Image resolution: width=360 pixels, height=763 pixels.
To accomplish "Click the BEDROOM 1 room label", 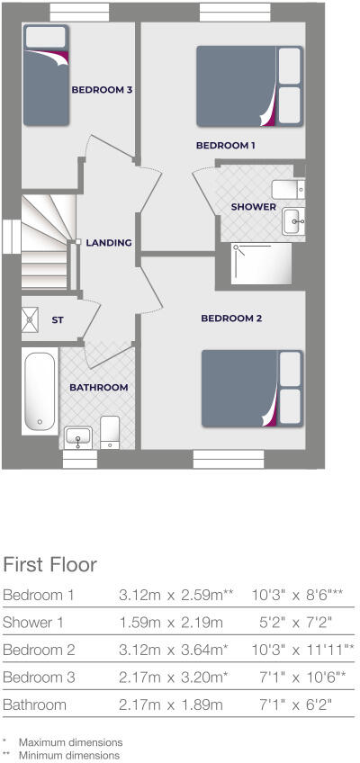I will click(x=226, y=145).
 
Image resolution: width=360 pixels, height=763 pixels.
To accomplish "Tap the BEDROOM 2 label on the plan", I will click(x=231, y=319).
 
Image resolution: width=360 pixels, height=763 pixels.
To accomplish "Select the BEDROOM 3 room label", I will click(x=103, y=90).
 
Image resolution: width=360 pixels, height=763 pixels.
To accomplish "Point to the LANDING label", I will click(x=109, y=242).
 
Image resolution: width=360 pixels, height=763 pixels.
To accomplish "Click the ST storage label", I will click(x=58, y=319).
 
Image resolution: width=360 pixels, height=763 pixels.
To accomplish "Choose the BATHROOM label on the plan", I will click(x=98, y=387).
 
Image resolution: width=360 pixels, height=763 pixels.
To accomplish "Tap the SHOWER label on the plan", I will click(x=254, y=207).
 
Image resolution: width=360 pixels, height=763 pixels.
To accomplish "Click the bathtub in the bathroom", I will click(x=40, y=392).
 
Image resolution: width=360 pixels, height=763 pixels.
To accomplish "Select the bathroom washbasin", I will click(x=79, y=436).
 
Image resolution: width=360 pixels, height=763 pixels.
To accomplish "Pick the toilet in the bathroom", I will click(x=110, y=432).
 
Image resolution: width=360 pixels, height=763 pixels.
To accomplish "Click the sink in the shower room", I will click(x=293, y=220).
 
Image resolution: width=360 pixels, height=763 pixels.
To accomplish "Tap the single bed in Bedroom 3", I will click(x=46, y=76).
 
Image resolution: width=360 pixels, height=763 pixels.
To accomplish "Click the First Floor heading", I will click(x=49, y=565).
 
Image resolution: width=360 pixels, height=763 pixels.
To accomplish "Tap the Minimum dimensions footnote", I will click(x=69, y=756).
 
